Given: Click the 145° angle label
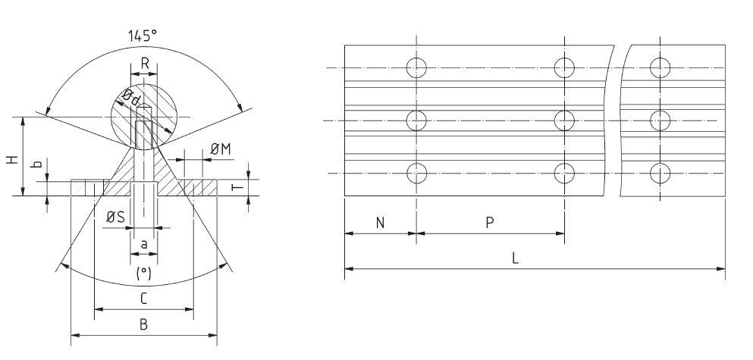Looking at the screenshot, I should tap(144, 36).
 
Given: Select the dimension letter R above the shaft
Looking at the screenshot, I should tap(144, 64).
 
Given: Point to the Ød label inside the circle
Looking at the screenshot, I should tap(131, 97).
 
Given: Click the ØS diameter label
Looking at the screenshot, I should tap(115, 218).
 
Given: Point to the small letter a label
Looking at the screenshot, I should tap(144, 244).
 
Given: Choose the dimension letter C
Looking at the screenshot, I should tap(144, 299).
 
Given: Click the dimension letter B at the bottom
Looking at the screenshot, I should tap(144, 324).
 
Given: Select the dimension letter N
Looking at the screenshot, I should tap(380, 224).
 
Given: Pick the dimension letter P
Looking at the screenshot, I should tap(490, 224).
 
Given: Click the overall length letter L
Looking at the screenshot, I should tap(516, 258).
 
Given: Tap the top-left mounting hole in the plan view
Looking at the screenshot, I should tap(416, 68).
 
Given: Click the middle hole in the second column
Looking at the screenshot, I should tap(564, 120).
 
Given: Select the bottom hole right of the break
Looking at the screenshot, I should tap(661, 173).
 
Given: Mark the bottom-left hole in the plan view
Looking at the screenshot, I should tap(416, 173).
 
